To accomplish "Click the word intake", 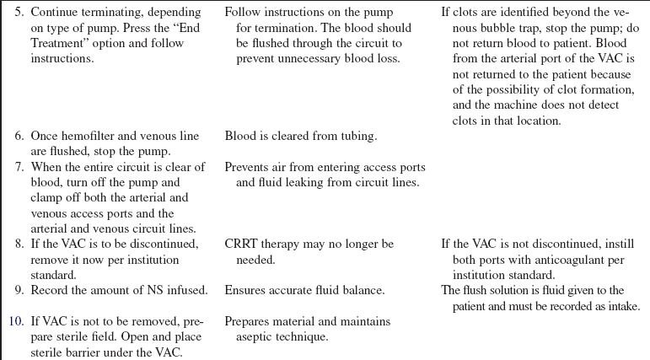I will [623, 305].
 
